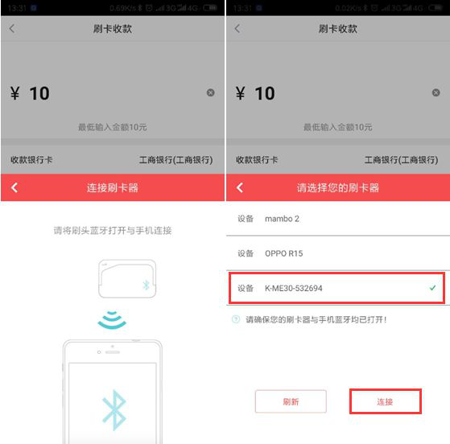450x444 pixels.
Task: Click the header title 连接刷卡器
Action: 113,187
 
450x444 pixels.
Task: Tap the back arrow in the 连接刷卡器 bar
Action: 14,187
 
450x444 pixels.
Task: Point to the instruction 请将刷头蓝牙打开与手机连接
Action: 113,230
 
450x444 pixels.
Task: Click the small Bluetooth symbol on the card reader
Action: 146,284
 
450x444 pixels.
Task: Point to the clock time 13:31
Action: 16,7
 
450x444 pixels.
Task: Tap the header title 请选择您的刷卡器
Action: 338,187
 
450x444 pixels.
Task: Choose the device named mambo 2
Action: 282,219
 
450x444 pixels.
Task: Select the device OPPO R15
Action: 285,253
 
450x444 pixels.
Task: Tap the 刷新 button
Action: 291,401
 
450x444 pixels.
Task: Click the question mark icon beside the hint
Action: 236,319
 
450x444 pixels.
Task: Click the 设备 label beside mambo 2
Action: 246,219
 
